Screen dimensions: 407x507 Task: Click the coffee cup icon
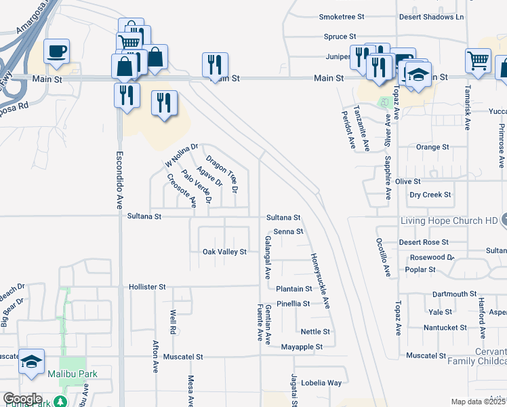click(x=57, y=51)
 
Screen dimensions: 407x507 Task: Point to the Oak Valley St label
click(x=224, y=252)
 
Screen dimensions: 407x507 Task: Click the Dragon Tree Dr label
click(x=222, y=173)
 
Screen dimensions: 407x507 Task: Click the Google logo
click(x=23, y=399)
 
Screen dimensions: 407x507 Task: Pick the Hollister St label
click(x=147, y=288)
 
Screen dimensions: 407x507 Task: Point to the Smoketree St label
click(x=342, y=16)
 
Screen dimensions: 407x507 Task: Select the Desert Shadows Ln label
click(x=431, y=16)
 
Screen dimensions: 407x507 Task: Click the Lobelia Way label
click(x=321, y=383)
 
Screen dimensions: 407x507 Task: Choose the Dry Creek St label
click(x=430, y=195)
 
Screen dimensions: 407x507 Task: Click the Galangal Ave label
click(x=268, y=258)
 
